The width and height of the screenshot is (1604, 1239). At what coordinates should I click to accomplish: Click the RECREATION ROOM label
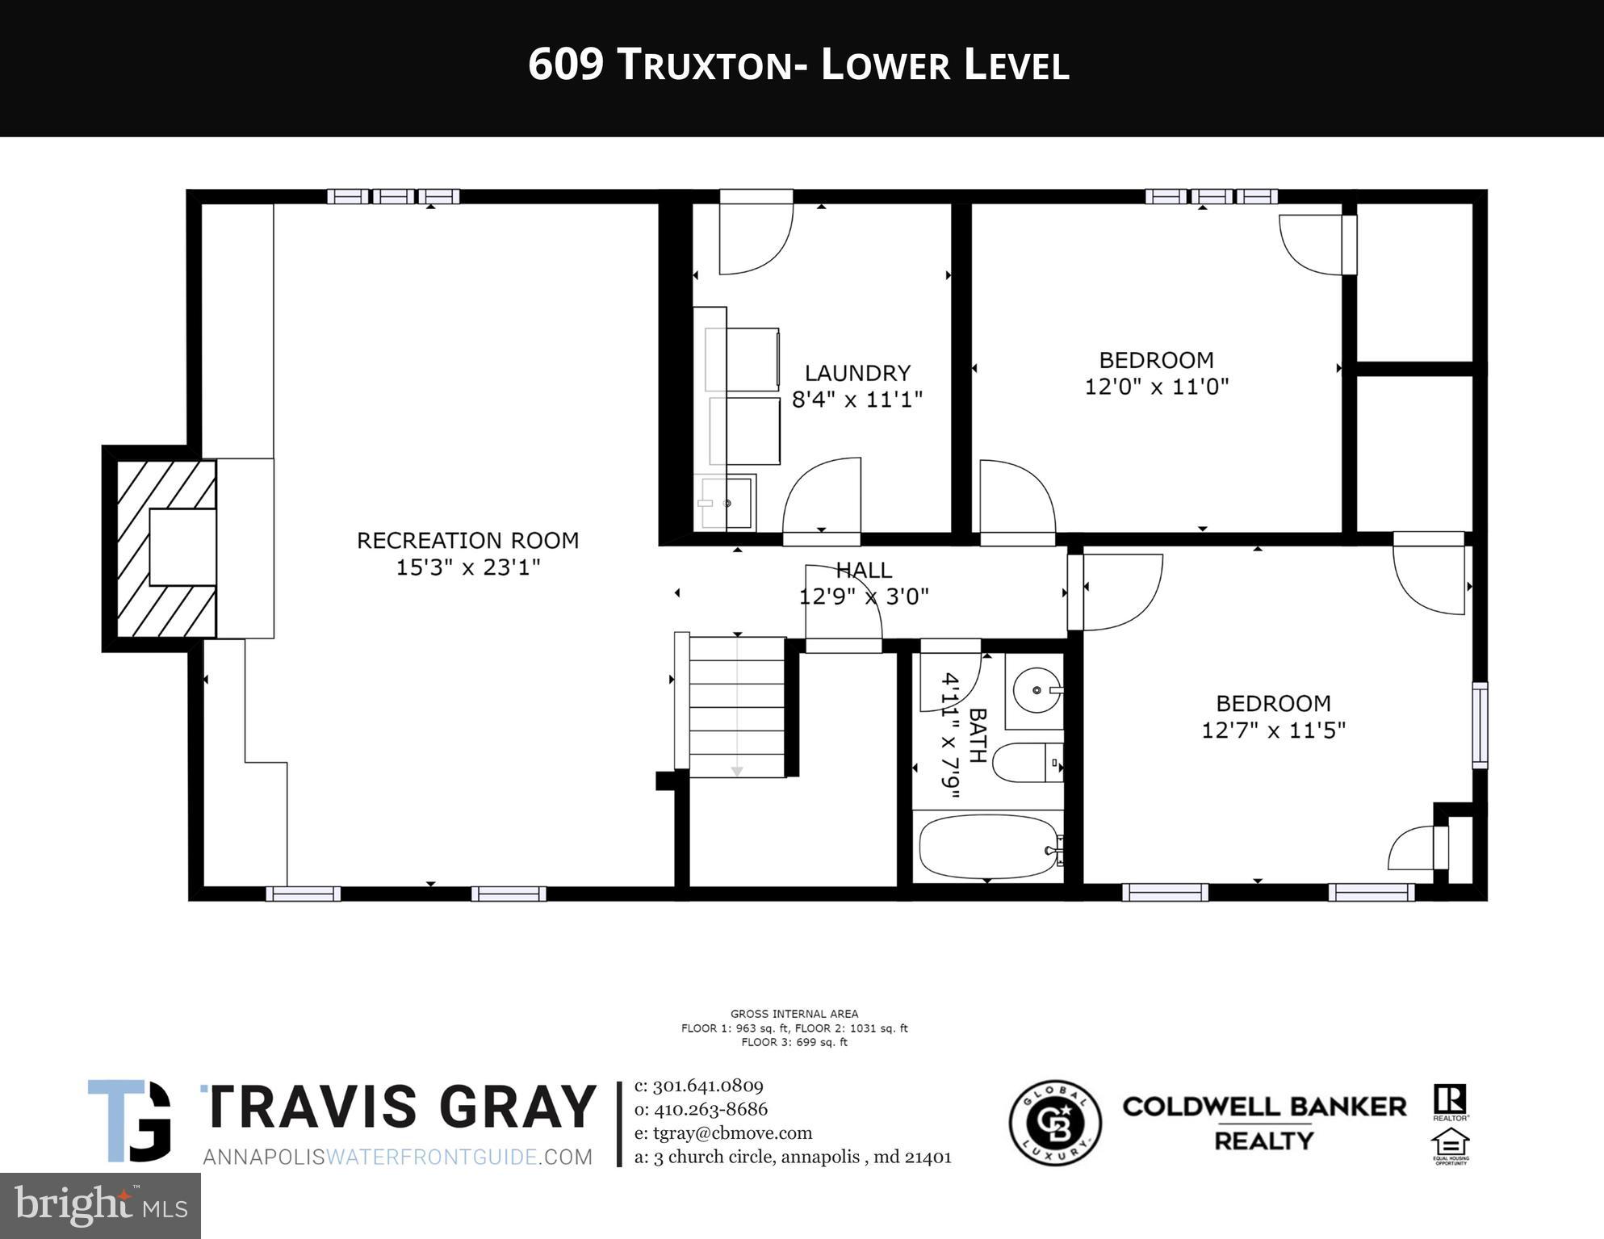pyautogui.click(x=467, y=540)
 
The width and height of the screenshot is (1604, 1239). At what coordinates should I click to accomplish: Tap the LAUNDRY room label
pyautogui.click(x=857, y=373)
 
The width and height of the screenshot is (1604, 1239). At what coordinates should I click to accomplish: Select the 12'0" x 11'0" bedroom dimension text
pyautogui.click(x=1156, y=387)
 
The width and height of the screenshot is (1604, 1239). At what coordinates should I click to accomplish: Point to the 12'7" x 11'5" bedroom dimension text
pyautogui.click(x=1273, y=730)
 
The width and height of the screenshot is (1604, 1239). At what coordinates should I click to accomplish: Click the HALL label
pyautogui.click(x=863, y=570)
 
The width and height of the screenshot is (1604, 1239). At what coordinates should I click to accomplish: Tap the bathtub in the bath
pyautogui.click(x=987, y=847)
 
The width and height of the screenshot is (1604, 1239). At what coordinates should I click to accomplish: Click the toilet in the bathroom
pyautogui.click(x=1024, y=763)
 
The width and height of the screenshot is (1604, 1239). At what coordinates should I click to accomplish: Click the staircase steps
pyautogui.click(x=735, y=707)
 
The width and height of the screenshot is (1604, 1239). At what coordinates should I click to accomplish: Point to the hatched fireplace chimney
pyautogui.click(x=165, y=549)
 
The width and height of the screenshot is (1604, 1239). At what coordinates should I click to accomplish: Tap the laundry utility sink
pyautogui.click(x=725, y=503)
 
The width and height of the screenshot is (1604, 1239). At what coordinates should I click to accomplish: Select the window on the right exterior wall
pyautogui.click(x=1479, y=725)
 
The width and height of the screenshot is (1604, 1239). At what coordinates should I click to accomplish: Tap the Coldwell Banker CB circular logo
pyautogui.click(x=1055, y=1123)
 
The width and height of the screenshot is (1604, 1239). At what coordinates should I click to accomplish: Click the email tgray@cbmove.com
pyautogui.click(x=723, y=1133)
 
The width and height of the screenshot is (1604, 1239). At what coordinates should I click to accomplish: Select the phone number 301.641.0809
pyautogui.click(x=707, y=1086)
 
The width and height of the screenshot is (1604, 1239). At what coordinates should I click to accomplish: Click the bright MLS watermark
pyautogui.click(x=100, y=1205)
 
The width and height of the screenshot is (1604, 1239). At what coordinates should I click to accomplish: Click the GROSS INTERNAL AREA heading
pyautogui.click(x=794, y=1014)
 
